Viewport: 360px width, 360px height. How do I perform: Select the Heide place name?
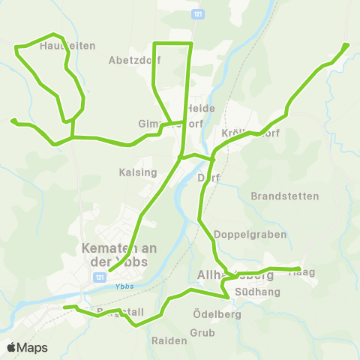[x=202, y=108]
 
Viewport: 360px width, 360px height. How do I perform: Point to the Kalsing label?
[x=138, y=172]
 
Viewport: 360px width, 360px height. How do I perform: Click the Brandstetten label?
[x=285, y=196]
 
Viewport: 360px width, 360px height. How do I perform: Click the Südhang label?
[x=257, y=291]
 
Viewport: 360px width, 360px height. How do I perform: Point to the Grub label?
[x=202, y=331]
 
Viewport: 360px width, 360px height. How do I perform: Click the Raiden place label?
[x=169, y=340]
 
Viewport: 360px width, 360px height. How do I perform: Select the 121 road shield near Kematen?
[x=99, y=277]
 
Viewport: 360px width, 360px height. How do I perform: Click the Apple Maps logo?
[x=28, y=347]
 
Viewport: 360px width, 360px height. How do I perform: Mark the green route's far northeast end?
[x=346, y=45]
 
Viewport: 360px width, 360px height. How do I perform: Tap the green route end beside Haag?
[x=298, y=268]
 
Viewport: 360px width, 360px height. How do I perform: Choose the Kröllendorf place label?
[x=250, y=133]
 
